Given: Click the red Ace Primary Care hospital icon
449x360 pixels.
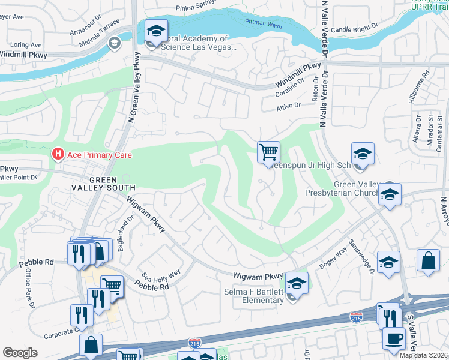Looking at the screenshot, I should coord(58,155).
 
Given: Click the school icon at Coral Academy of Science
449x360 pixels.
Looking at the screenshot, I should coord(156,31).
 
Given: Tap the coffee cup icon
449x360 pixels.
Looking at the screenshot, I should coord(394,338).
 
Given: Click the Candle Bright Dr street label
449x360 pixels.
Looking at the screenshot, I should coord(355,29).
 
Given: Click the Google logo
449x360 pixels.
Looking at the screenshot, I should coord(20,353).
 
